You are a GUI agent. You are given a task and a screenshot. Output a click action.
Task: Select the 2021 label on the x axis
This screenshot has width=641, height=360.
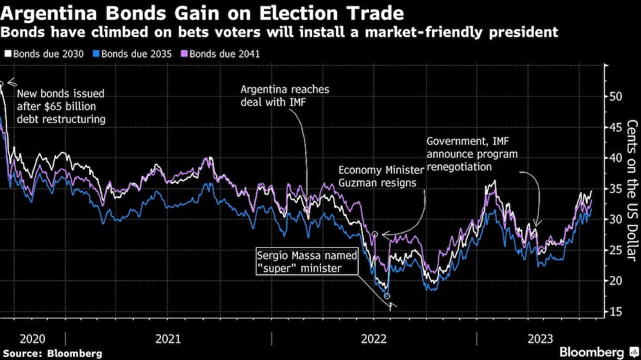169,338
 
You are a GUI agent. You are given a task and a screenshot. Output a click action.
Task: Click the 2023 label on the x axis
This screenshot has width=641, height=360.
540,338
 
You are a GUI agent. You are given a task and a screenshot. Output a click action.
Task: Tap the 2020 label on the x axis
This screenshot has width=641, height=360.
32,338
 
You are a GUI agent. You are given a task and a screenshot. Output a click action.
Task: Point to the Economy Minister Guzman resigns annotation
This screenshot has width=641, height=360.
381,176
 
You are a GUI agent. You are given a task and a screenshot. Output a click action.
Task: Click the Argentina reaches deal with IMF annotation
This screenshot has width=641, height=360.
280,96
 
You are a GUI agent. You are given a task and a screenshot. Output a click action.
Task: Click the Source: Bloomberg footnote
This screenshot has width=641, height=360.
53,353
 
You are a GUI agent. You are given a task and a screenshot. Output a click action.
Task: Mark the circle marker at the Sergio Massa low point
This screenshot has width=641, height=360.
387,296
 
